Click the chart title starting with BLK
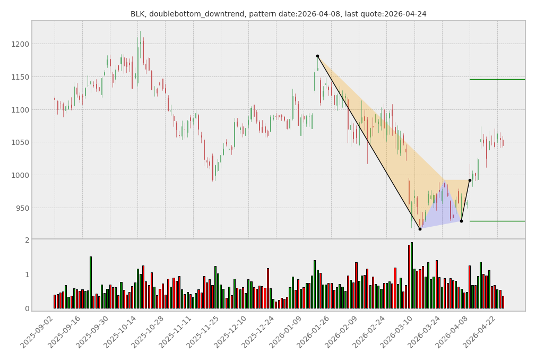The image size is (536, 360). tap(278, 14)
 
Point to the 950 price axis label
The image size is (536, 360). tap(22, 208)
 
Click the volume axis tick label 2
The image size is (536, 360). tap(27, 241)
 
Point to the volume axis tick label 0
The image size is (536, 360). tap(27, 308)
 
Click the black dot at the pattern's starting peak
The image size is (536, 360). tap(317, 56)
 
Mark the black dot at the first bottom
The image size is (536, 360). tap(420, 229)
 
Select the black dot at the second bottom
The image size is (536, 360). tap(461, 221)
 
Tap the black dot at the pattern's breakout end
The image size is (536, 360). tap(470, 180)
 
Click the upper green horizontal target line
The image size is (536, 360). tap(497, 79)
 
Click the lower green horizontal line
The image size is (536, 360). tap(497, 221)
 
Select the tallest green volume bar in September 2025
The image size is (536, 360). tap(90, 282)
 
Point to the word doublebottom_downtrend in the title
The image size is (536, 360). tap(191, 14)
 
